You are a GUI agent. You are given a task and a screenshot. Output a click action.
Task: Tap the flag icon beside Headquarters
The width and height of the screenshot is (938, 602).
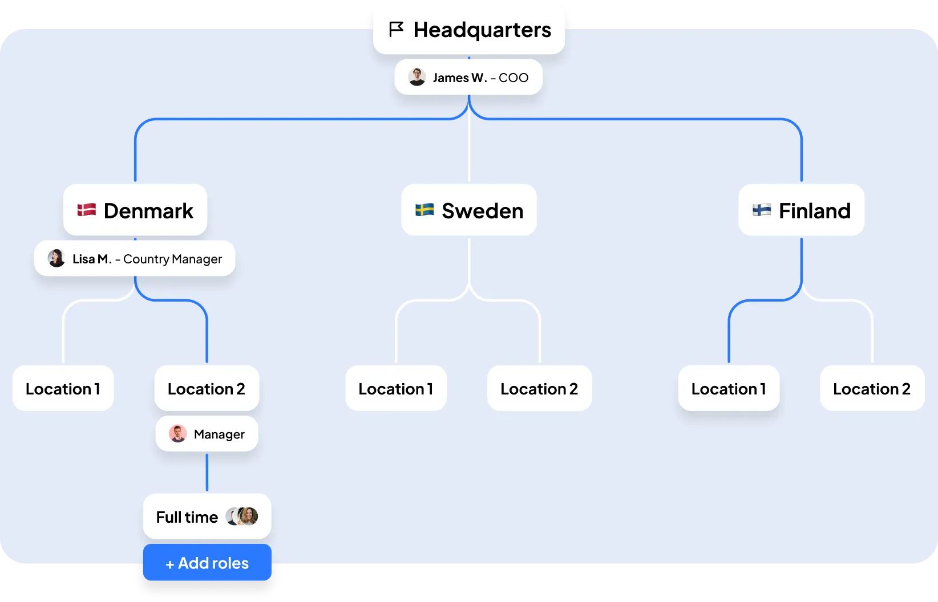pos(396,29)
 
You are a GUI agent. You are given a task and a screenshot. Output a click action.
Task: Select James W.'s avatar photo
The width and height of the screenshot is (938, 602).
pos(417,77)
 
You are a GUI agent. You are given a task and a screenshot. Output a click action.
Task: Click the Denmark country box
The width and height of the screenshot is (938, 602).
pos(135,210)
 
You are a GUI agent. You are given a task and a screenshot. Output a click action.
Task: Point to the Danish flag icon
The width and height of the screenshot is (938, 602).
pos(87,210)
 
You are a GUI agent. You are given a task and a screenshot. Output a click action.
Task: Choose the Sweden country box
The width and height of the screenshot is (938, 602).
pos(469,210)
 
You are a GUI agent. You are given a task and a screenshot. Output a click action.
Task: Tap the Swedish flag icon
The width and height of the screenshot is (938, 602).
pos(424,210)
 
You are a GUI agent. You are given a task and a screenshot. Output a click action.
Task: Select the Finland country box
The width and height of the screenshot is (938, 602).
pos(801,210)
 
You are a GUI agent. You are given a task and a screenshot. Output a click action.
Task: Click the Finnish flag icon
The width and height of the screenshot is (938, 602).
pos(762,210)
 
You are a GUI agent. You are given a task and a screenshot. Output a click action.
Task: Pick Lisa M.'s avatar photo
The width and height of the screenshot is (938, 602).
pos(56,258)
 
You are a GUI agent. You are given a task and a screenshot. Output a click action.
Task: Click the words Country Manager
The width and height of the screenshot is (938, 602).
pos(172,259)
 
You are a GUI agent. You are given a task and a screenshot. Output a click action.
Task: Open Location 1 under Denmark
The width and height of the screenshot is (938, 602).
pos(63,388)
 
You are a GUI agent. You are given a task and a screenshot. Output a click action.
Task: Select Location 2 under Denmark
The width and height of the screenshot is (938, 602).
pos(207,388)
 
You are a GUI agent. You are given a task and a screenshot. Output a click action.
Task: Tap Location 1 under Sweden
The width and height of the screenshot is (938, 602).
pos(396,388)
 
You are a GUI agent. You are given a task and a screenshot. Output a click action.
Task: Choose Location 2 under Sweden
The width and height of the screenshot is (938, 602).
pos(539,388)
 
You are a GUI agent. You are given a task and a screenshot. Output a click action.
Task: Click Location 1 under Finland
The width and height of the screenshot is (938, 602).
pos(729,388)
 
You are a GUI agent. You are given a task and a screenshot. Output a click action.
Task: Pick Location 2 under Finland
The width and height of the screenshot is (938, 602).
pos(872,388)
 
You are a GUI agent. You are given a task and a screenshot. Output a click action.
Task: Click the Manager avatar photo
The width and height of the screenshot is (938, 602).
pos(178,434)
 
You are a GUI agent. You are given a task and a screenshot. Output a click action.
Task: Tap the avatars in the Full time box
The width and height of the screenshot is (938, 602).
pos(242,516)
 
